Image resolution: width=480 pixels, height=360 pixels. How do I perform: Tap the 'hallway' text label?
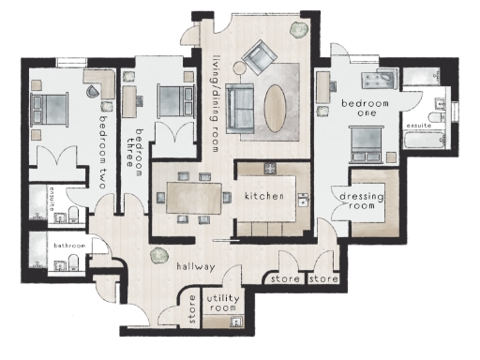tap(196, 267)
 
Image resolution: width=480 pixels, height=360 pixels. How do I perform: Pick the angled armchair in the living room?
tap(256, 58)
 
